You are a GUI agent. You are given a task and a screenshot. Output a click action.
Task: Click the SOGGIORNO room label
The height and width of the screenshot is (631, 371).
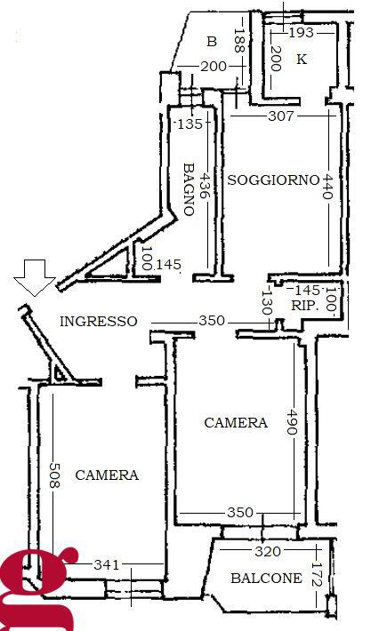point(273,180)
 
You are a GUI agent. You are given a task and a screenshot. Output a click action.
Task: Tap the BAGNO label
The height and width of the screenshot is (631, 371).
point(189,188)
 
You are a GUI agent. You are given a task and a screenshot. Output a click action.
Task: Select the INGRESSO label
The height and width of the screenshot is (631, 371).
point(99,322)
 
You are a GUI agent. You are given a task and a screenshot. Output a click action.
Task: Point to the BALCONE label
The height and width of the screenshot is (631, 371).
point(266,579)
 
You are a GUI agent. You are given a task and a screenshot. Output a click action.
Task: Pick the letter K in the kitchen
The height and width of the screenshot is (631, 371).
point(301,60)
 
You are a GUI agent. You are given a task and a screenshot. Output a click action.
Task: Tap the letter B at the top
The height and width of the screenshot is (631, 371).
point(212,42)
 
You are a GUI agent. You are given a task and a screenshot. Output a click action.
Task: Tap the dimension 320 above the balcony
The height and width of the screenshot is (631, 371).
point(267,551)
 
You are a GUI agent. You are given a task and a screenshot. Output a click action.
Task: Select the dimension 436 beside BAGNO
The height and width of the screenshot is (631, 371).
point(206,188)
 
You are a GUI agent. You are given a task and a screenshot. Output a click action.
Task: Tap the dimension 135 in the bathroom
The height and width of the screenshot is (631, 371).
point(190,124)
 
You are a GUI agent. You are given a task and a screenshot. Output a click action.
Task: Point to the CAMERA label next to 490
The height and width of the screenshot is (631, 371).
point(236,423)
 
